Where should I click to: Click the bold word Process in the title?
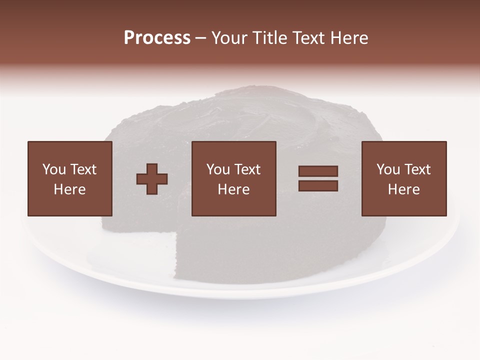coord(157,38)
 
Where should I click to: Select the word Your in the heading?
coord(229,38)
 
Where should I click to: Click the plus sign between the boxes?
coord(152,178)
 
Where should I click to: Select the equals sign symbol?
coord(318,178)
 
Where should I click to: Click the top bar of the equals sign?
coord(318,171)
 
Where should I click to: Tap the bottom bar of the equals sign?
coord(318,185)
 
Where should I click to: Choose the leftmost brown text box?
coord(70,178)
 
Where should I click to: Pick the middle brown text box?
coord(234,178)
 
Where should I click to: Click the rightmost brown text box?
coord(404,178)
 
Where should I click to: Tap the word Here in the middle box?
coord(234,189)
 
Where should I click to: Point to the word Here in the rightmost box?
coord(404,189)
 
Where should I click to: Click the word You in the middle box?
coord(218,169)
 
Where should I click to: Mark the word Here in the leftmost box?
coord(70,189)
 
